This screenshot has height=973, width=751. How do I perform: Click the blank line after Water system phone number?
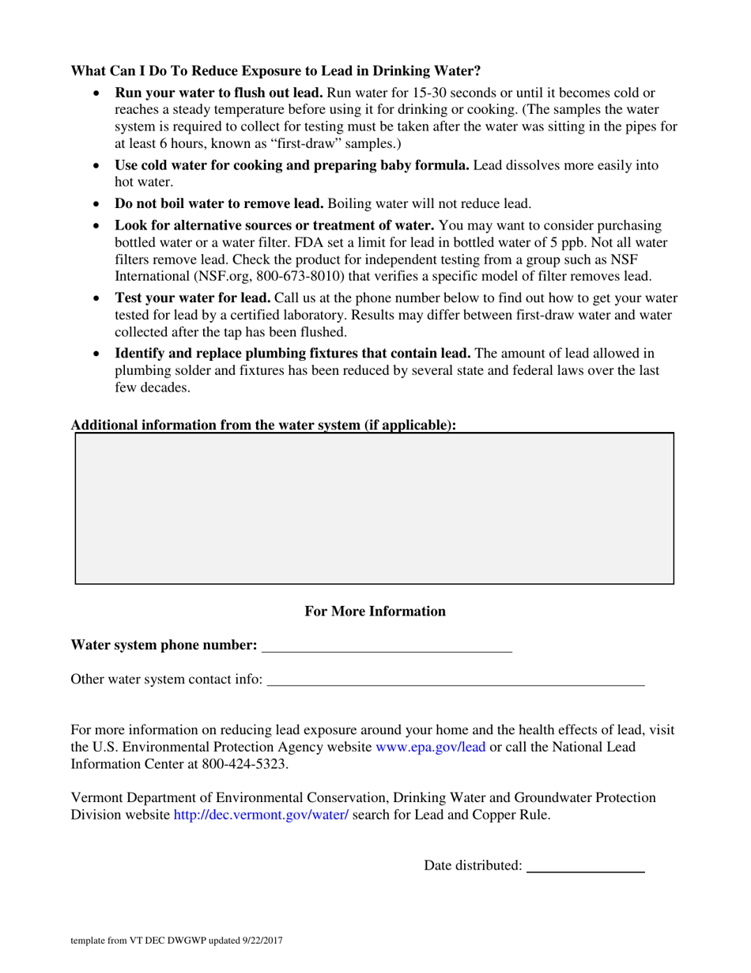(x=387, y=646)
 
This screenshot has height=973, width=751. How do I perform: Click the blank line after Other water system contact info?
(x=456, y=679)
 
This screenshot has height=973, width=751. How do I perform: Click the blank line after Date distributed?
(x=585, y=865)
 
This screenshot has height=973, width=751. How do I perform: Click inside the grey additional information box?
(x=375, y=509)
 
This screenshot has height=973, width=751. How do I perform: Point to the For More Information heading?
(x=375, y=611)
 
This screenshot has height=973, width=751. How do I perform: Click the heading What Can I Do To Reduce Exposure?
(x=276, y=71)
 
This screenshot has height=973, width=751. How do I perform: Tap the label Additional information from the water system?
(x=263, y=425)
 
